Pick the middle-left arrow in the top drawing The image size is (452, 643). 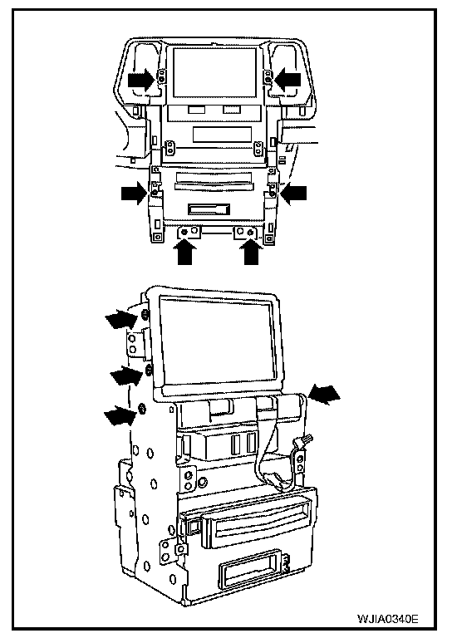click(x=135, y=193)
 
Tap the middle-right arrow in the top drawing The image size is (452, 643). click(x=293, y=194)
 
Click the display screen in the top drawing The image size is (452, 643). click(x=215, y=72)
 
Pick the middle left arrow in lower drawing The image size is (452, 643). click(x=125, y=375)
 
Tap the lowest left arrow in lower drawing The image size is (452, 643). click(x=120, y=415)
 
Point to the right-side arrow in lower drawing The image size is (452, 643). click(x=325, y=394)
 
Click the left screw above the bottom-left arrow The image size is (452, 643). click(x=184, y=233)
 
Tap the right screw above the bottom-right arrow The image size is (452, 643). click(x=251, y=233)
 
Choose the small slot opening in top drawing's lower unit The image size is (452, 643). click(x=209, y=209)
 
